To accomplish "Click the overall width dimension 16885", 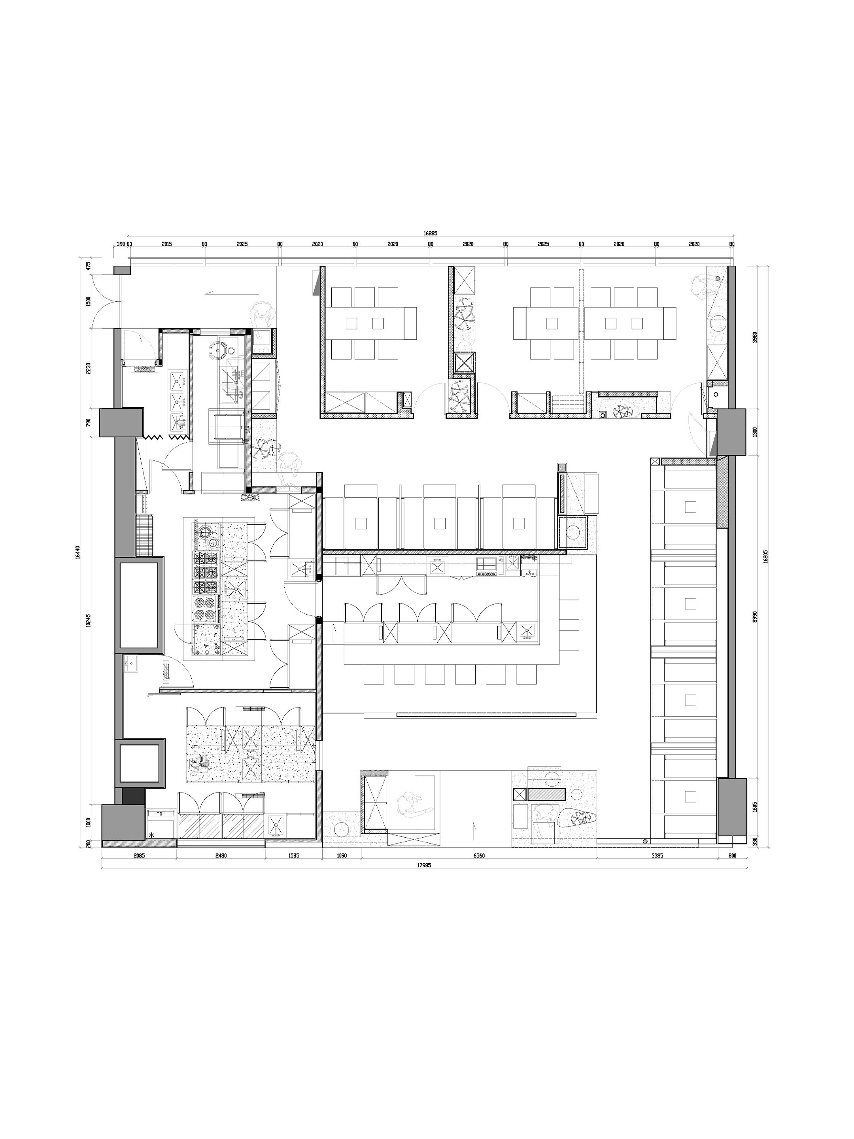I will [x=430, y=233].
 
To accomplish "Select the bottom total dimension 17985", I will [x=424, y=866].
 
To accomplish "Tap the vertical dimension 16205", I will [x=765, y=556].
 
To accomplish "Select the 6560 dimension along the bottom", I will [x=479, y=856].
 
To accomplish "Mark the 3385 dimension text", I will [x=657, y=856].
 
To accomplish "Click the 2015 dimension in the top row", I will [x=167, y=244].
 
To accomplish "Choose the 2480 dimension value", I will [x=221, y=856].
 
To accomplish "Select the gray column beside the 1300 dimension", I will [x=731, y=432].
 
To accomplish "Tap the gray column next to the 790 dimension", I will [x=121, y=422].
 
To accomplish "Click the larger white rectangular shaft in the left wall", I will [x=139, y=605].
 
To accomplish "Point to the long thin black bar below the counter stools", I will [x=486, y=714].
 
